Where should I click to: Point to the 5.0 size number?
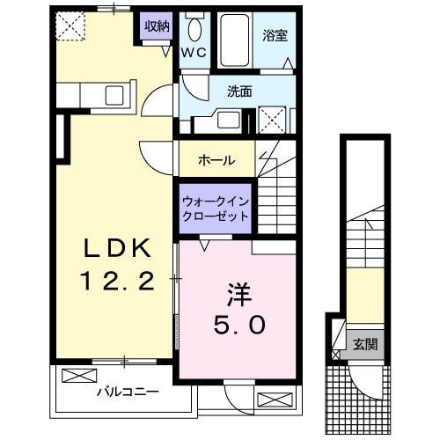233,325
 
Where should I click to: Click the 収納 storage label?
158,26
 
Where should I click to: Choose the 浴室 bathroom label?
275,36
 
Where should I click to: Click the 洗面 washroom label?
239,90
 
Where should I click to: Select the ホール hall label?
216,160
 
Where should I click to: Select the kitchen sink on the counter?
115,94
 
